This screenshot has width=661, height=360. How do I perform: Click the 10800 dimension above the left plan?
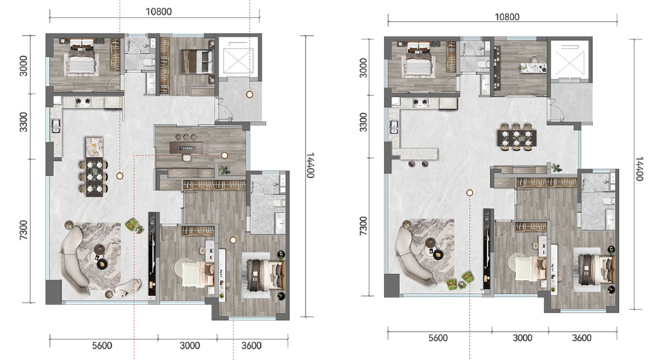[x=159, y=11]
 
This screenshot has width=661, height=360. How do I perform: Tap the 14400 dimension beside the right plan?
[x=639, y=169]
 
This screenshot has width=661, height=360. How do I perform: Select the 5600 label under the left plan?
[x=102, y=346]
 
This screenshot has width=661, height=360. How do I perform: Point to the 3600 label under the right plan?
[x=582, y=337]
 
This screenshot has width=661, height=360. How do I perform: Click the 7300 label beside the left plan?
[x=23, y=230]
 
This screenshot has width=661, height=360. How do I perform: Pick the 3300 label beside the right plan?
[x=363, y=122]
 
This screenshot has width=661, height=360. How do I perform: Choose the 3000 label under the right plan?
[x=522, y=337]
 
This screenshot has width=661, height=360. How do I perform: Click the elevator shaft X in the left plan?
[x=238, y=60]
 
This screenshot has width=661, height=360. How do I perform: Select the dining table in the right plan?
[x=517, y=137]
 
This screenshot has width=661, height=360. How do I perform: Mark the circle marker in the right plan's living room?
[x=470, y=193]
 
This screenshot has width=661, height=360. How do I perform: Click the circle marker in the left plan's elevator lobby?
[x=250, y=95]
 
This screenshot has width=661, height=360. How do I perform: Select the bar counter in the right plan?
[x=415, y=154]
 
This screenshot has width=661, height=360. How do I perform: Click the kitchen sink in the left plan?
[x=56, y=125]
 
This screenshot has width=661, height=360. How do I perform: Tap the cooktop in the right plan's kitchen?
[x=421, y=103]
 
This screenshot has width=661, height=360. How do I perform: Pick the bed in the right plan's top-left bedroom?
[x=419, y=60]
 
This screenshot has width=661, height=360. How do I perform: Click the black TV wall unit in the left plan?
[x=152, y=256]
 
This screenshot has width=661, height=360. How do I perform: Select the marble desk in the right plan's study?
[x=533, y=67]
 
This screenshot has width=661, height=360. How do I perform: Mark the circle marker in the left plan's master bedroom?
[x=233, y=240]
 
